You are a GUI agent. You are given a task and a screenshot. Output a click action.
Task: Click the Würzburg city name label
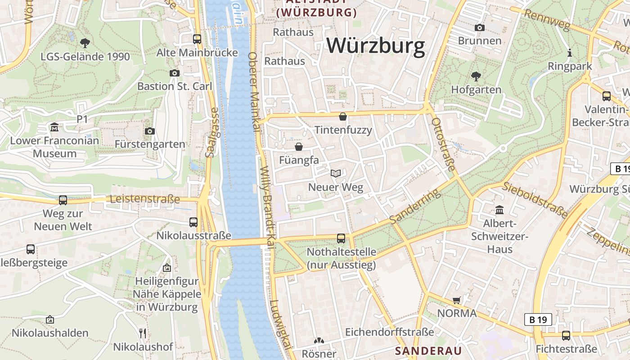click(375, 46)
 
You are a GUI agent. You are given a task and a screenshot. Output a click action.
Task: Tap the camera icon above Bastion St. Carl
click(175, 73)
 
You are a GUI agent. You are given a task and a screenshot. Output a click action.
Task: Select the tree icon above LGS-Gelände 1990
click(85, 43)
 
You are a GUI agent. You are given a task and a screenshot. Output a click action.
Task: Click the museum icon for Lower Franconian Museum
click(54, 127)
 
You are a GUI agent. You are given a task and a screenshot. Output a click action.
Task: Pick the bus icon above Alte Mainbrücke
click(197, 39)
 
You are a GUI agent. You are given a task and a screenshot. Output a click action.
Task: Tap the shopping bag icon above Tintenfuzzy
click(343, 117)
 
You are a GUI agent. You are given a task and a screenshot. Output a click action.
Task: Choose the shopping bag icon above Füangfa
click(298, 147)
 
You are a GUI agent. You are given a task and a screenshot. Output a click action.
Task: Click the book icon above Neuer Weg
click(335, 173)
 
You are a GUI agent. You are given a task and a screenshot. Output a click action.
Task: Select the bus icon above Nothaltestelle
click(341, 238)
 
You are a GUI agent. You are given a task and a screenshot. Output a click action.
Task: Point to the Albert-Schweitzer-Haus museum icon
click(499, 210)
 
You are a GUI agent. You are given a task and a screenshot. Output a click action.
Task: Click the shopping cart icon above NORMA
click(457, 300)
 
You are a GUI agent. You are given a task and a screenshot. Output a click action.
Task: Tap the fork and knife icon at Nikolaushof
click(143, 333)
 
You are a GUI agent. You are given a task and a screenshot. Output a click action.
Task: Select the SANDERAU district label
click(428, 351)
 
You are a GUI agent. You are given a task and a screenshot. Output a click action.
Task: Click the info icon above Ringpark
click(570, 53)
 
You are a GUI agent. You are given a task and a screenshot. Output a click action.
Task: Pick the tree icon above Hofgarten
click(476, 76)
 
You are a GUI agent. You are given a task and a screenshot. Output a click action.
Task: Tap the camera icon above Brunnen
click(480, 28)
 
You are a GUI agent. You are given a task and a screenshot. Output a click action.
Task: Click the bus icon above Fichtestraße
click(566, 336)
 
